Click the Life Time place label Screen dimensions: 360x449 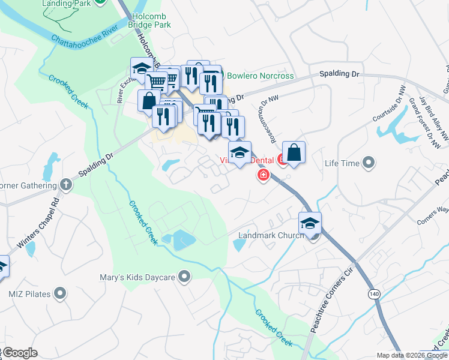coord(342,163)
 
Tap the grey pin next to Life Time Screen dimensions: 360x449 coord(369,163)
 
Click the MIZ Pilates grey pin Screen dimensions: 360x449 coord(59,293)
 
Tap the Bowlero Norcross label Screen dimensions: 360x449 coord(260,76)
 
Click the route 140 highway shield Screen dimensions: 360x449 coord(374,293)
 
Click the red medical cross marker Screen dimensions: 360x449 coord(262,175)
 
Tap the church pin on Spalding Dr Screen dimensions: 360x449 coord(67,186)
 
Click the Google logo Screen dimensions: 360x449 coord(20,352)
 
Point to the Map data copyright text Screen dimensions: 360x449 coord(412,355)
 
